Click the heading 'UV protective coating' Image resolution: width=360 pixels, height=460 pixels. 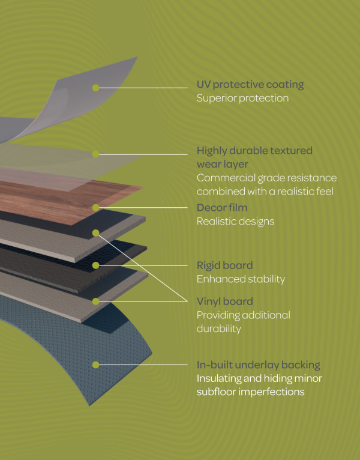coord(250,85)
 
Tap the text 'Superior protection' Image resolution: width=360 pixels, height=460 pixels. coord(242,98)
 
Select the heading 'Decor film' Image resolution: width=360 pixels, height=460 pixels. coord(222,208)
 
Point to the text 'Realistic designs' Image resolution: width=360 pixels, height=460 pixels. coord(235,222)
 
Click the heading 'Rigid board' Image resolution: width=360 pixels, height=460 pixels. coord(224,265)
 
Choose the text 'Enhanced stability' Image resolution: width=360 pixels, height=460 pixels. coord(241,279)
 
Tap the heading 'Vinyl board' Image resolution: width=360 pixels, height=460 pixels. coord(224,301)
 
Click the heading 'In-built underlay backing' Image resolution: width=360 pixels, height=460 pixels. coord(258,365)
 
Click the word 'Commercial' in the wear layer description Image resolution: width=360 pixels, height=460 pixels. coord(223,178)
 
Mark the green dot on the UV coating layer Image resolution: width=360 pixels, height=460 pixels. coord(95,88)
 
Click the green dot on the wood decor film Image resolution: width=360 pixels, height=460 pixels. coord(95,207)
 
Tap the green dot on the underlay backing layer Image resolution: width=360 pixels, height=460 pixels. coord(95,364)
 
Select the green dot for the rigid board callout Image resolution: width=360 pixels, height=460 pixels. coord(95,264)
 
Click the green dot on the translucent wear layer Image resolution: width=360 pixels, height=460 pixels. coord(95,154)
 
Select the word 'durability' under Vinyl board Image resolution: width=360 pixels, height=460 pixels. coord(218,329)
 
